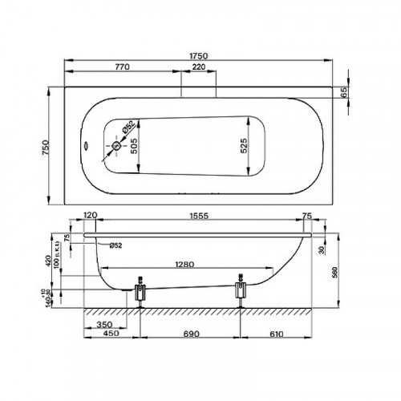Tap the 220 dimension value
pyautogui.click(x=197, y=69)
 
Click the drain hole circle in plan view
pyautogui.click(x=116, y=146)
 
